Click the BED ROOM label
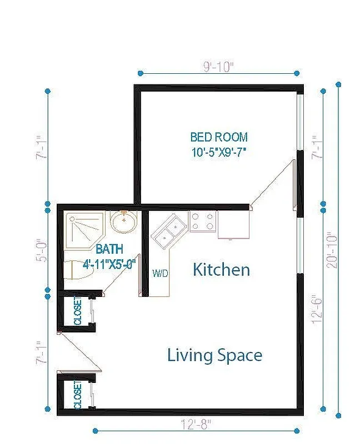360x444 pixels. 219,137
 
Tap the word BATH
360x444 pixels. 109,249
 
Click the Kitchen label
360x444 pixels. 221,270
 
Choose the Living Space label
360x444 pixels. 214,355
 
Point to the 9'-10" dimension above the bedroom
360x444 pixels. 218,67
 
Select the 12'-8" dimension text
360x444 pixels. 197,424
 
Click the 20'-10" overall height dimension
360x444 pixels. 332,250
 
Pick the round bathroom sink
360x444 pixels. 123,223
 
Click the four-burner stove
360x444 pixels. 202,222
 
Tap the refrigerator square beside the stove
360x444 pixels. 233,224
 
